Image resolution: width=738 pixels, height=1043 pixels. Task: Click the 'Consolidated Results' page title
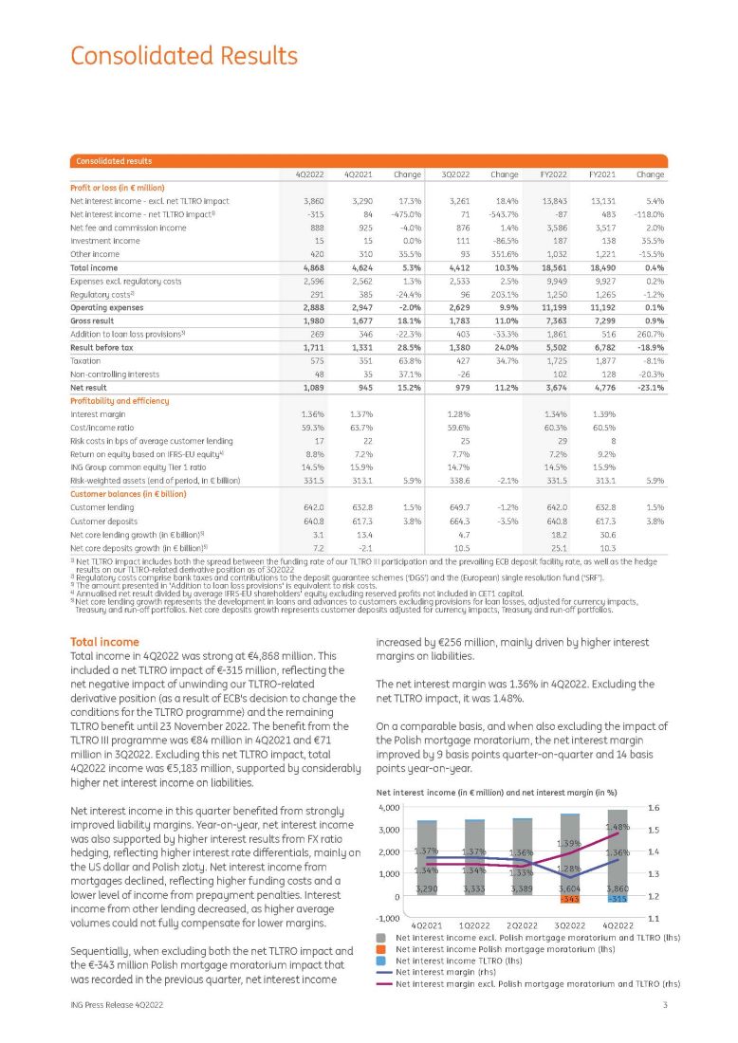click(x=183, y=55)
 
